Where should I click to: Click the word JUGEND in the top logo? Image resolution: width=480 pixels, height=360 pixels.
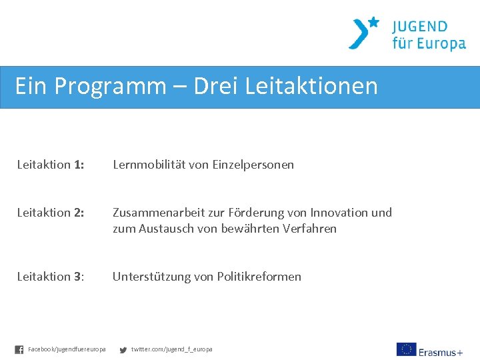click(x=420, y=27)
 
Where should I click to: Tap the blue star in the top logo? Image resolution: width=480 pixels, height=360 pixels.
click(x=373, y=22)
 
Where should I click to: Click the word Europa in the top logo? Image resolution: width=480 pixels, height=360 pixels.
click(x=438, y=45)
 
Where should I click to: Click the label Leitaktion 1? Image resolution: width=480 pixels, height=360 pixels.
click(x=51, y=165)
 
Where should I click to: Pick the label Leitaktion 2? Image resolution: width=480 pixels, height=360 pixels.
click(x=51, y=213)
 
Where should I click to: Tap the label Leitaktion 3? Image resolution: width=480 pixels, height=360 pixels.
click(x=51, y=277)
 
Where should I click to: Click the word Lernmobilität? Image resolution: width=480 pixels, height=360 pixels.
click(x=149, y=165)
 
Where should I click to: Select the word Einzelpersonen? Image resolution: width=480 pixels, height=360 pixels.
click(x=253, y=165)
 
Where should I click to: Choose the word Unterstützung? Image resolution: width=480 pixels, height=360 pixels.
click(x=151, y=277)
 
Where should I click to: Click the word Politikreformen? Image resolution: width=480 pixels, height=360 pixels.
click(x=259, y=277)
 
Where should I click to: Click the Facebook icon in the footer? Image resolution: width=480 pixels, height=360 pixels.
click(x=19, y=349)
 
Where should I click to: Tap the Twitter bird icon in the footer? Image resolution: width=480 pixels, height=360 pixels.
click(x=123, y=349)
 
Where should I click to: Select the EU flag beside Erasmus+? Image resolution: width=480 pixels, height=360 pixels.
click(x=406, y=349)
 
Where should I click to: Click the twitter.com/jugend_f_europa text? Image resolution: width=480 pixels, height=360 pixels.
click(x=172, y=349)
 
